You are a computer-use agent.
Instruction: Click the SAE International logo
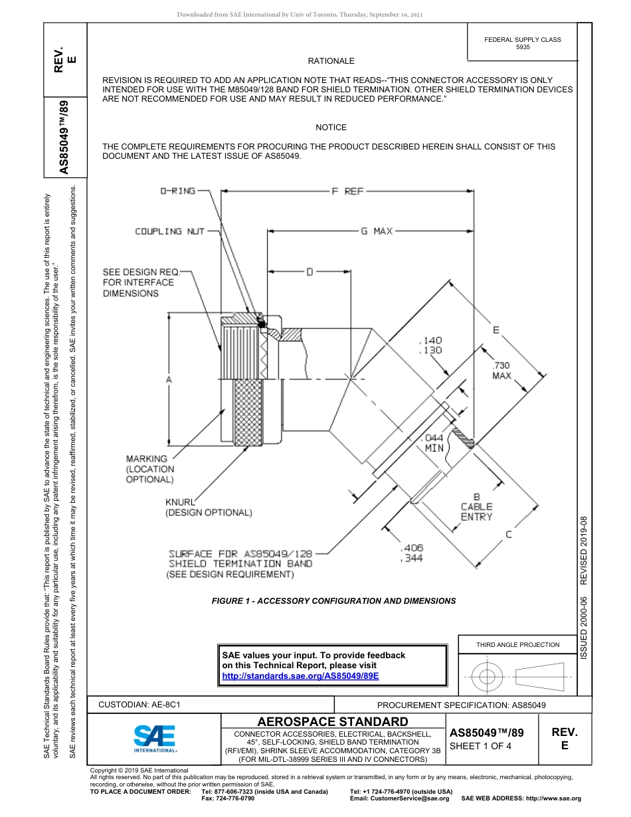155,737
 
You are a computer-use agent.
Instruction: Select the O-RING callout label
178,191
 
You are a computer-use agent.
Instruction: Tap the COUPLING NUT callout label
168,231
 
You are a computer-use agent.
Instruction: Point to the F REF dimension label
347,191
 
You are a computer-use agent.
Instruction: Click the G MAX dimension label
377,231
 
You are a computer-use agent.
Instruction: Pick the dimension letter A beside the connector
169,379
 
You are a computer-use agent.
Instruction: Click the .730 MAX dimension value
501,371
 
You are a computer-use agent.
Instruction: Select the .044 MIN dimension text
434,443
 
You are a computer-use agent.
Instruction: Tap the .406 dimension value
412,548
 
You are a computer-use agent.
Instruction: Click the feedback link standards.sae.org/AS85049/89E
300,676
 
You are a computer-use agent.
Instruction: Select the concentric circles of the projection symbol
488,678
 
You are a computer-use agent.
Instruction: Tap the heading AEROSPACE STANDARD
333,722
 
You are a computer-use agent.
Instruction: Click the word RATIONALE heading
331,61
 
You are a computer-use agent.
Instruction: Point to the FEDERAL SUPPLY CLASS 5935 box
523,43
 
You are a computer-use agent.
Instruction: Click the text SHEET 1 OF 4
481,746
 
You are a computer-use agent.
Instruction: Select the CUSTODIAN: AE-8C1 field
140,704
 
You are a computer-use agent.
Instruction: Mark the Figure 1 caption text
333,600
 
